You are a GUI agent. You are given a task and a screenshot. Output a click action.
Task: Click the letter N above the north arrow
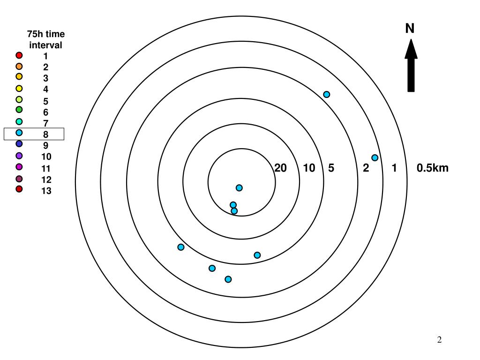(x=410, y=29)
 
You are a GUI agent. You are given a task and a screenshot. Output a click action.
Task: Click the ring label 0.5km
(x=432, y=168)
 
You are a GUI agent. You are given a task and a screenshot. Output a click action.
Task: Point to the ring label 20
(x=280, y=168)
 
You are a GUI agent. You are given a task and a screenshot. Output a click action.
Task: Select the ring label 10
(x=309, y=168)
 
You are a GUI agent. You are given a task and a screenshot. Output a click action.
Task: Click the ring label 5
(x=331, y=168)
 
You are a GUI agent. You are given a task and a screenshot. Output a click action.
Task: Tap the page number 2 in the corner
(x=440, y=340)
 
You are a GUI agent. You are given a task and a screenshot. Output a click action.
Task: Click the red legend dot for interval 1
(x=19, y=55)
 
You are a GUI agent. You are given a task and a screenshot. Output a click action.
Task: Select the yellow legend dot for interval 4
(x=19, y=88)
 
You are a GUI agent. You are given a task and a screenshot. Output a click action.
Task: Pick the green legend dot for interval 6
(x=19, y=110)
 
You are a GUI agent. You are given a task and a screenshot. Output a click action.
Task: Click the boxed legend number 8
(x=46, y=135)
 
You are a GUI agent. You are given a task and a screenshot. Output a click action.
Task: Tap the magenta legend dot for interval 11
(x=19, y=166)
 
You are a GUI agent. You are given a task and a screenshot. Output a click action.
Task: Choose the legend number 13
(x=46, y=191)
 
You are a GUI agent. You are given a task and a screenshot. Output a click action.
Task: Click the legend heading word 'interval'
(x=46, y=45)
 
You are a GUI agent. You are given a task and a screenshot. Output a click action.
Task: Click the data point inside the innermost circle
(x=239, y=188)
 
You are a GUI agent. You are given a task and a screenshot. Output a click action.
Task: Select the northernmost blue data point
(x=327, y=95)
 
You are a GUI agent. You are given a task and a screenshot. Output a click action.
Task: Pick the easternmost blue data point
(x=375, y=158)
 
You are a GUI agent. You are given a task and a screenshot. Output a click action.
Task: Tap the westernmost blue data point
(x=181, y=247)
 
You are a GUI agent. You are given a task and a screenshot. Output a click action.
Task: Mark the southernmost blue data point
(x=228, y=279)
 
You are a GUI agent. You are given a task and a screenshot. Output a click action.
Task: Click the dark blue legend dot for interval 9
(x=19, y=144)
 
